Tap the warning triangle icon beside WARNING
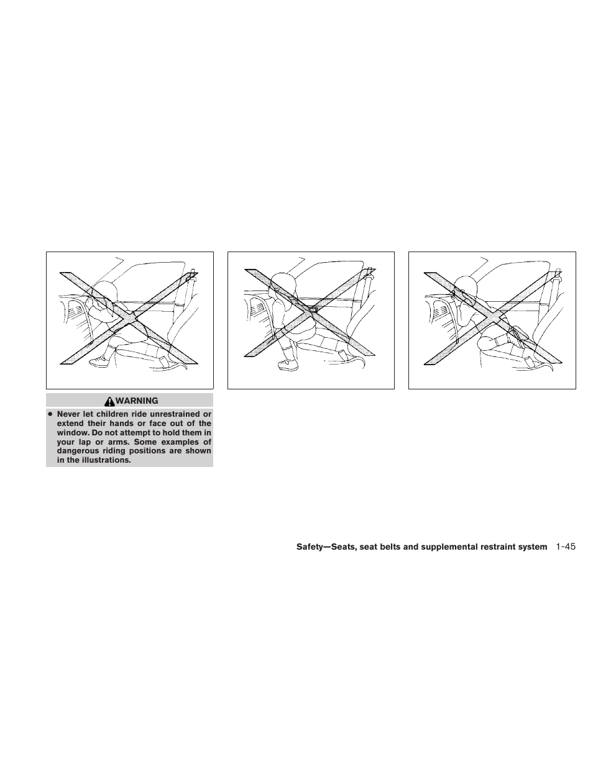[109, 401]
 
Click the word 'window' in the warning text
[71, 432]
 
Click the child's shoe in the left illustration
[99, 361]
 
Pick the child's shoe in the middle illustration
[288, 365]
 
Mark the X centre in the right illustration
[493, 317]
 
